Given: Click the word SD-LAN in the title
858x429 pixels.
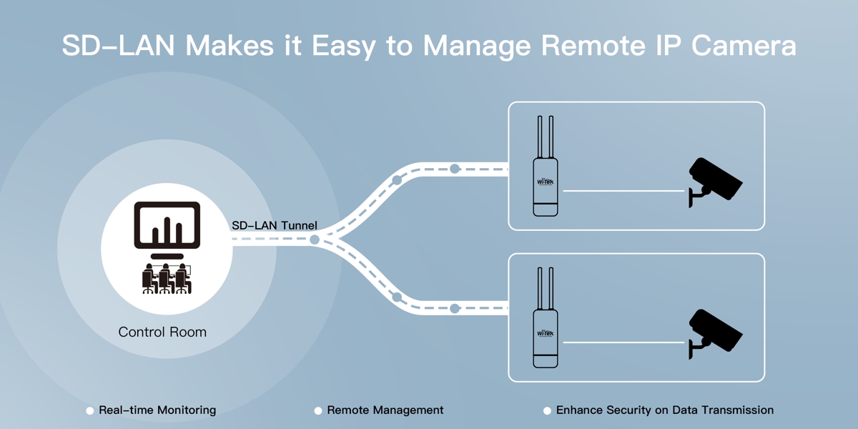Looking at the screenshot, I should (118, 46).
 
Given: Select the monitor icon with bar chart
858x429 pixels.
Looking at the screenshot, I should (167, 227).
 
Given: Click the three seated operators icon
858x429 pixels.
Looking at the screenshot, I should (167, 279).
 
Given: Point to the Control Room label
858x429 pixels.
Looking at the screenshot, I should (162, 332).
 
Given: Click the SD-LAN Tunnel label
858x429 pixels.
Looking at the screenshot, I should (275, 225).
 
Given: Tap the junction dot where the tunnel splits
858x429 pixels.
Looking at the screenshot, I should (315, 240).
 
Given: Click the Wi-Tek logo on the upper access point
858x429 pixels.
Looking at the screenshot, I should (546, 182).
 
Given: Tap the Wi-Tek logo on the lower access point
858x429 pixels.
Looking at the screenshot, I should (546, 333).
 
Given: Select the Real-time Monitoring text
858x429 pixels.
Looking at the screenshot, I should (157, 410).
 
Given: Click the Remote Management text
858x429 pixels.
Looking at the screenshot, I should (385, 410).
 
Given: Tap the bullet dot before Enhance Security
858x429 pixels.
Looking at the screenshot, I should (547, 411).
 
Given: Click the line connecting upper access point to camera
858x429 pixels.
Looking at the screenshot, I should (623, 191).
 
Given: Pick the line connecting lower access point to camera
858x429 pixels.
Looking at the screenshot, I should (623, 342).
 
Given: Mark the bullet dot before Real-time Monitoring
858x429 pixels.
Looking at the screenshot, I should (90, 411).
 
